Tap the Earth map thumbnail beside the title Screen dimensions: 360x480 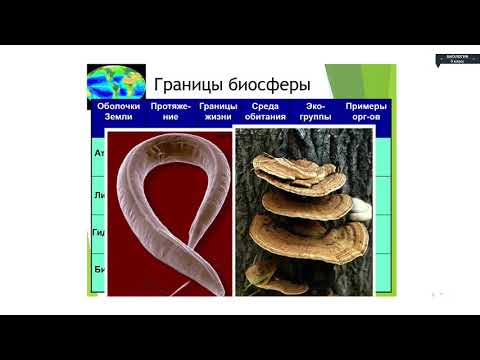tap(110, 80)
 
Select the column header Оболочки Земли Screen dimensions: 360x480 tap(119, 111)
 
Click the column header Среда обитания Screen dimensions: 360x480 tap(264, 111)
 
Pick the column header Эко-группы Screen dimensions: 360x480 tap(314, 111)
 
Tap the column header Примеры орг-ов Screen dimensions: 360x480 tap(365, 111)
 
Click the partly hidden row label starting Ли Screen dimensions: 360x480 tap(100, 196)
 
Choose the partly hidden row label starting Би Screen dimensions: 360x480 tap(100, 269)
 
